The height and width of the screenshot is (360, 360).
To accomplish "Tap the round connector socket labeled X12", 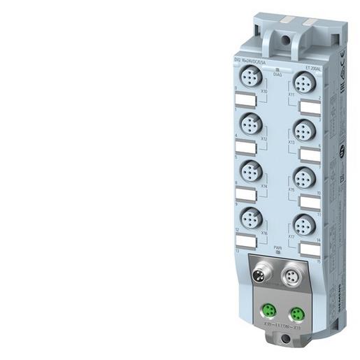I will pos(250,126).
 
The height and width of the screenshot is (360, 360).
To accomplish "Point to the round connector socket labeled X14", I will pos(250,172).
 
